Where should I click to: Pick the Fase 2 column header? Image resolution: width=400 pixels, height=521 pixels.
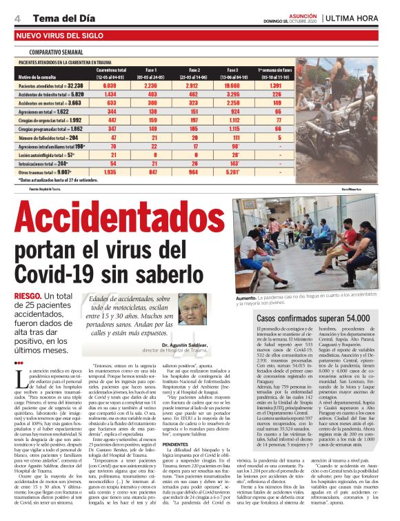[193, 70]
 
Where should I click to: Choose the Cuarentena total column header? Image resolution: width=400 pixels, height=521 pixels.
[110, 70]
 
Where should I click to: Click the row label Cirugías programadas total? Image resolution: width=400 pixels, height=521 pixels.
[50, 128]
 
